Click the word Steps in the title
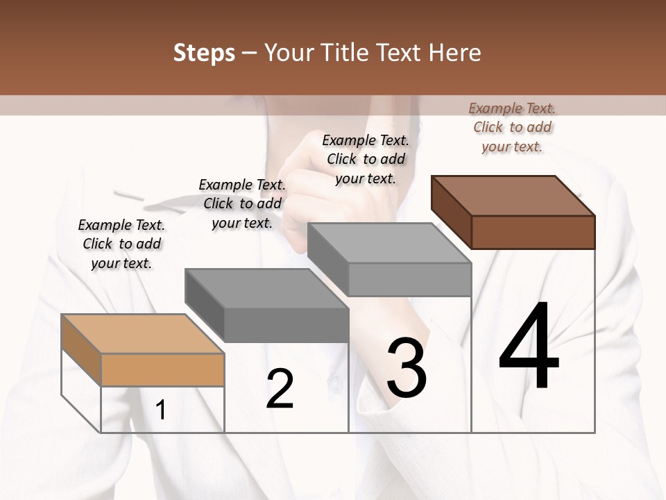coord(204,53)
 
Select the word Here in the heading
coord(456,53)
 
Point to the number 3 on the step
coord(407,367)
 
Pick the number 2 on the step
coord(280,389)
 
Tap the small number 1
coord(161,410)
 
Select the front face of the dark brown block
coord(533,232)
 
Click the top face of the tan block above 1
coord(142,333)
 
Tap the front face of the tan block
coord(162,369)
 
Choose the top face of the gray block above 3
coord(388,243)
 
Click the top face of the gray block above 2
coord(266,288)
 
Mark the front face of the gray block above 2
coord(286,325)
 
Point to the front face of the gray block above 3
coord(409,279)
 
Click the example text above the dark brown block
coord(512,127)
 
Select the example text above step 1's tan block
coord(121,244)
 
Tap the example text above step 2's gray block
coord(242,203)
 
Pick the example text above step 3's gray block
coord(366,159)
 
